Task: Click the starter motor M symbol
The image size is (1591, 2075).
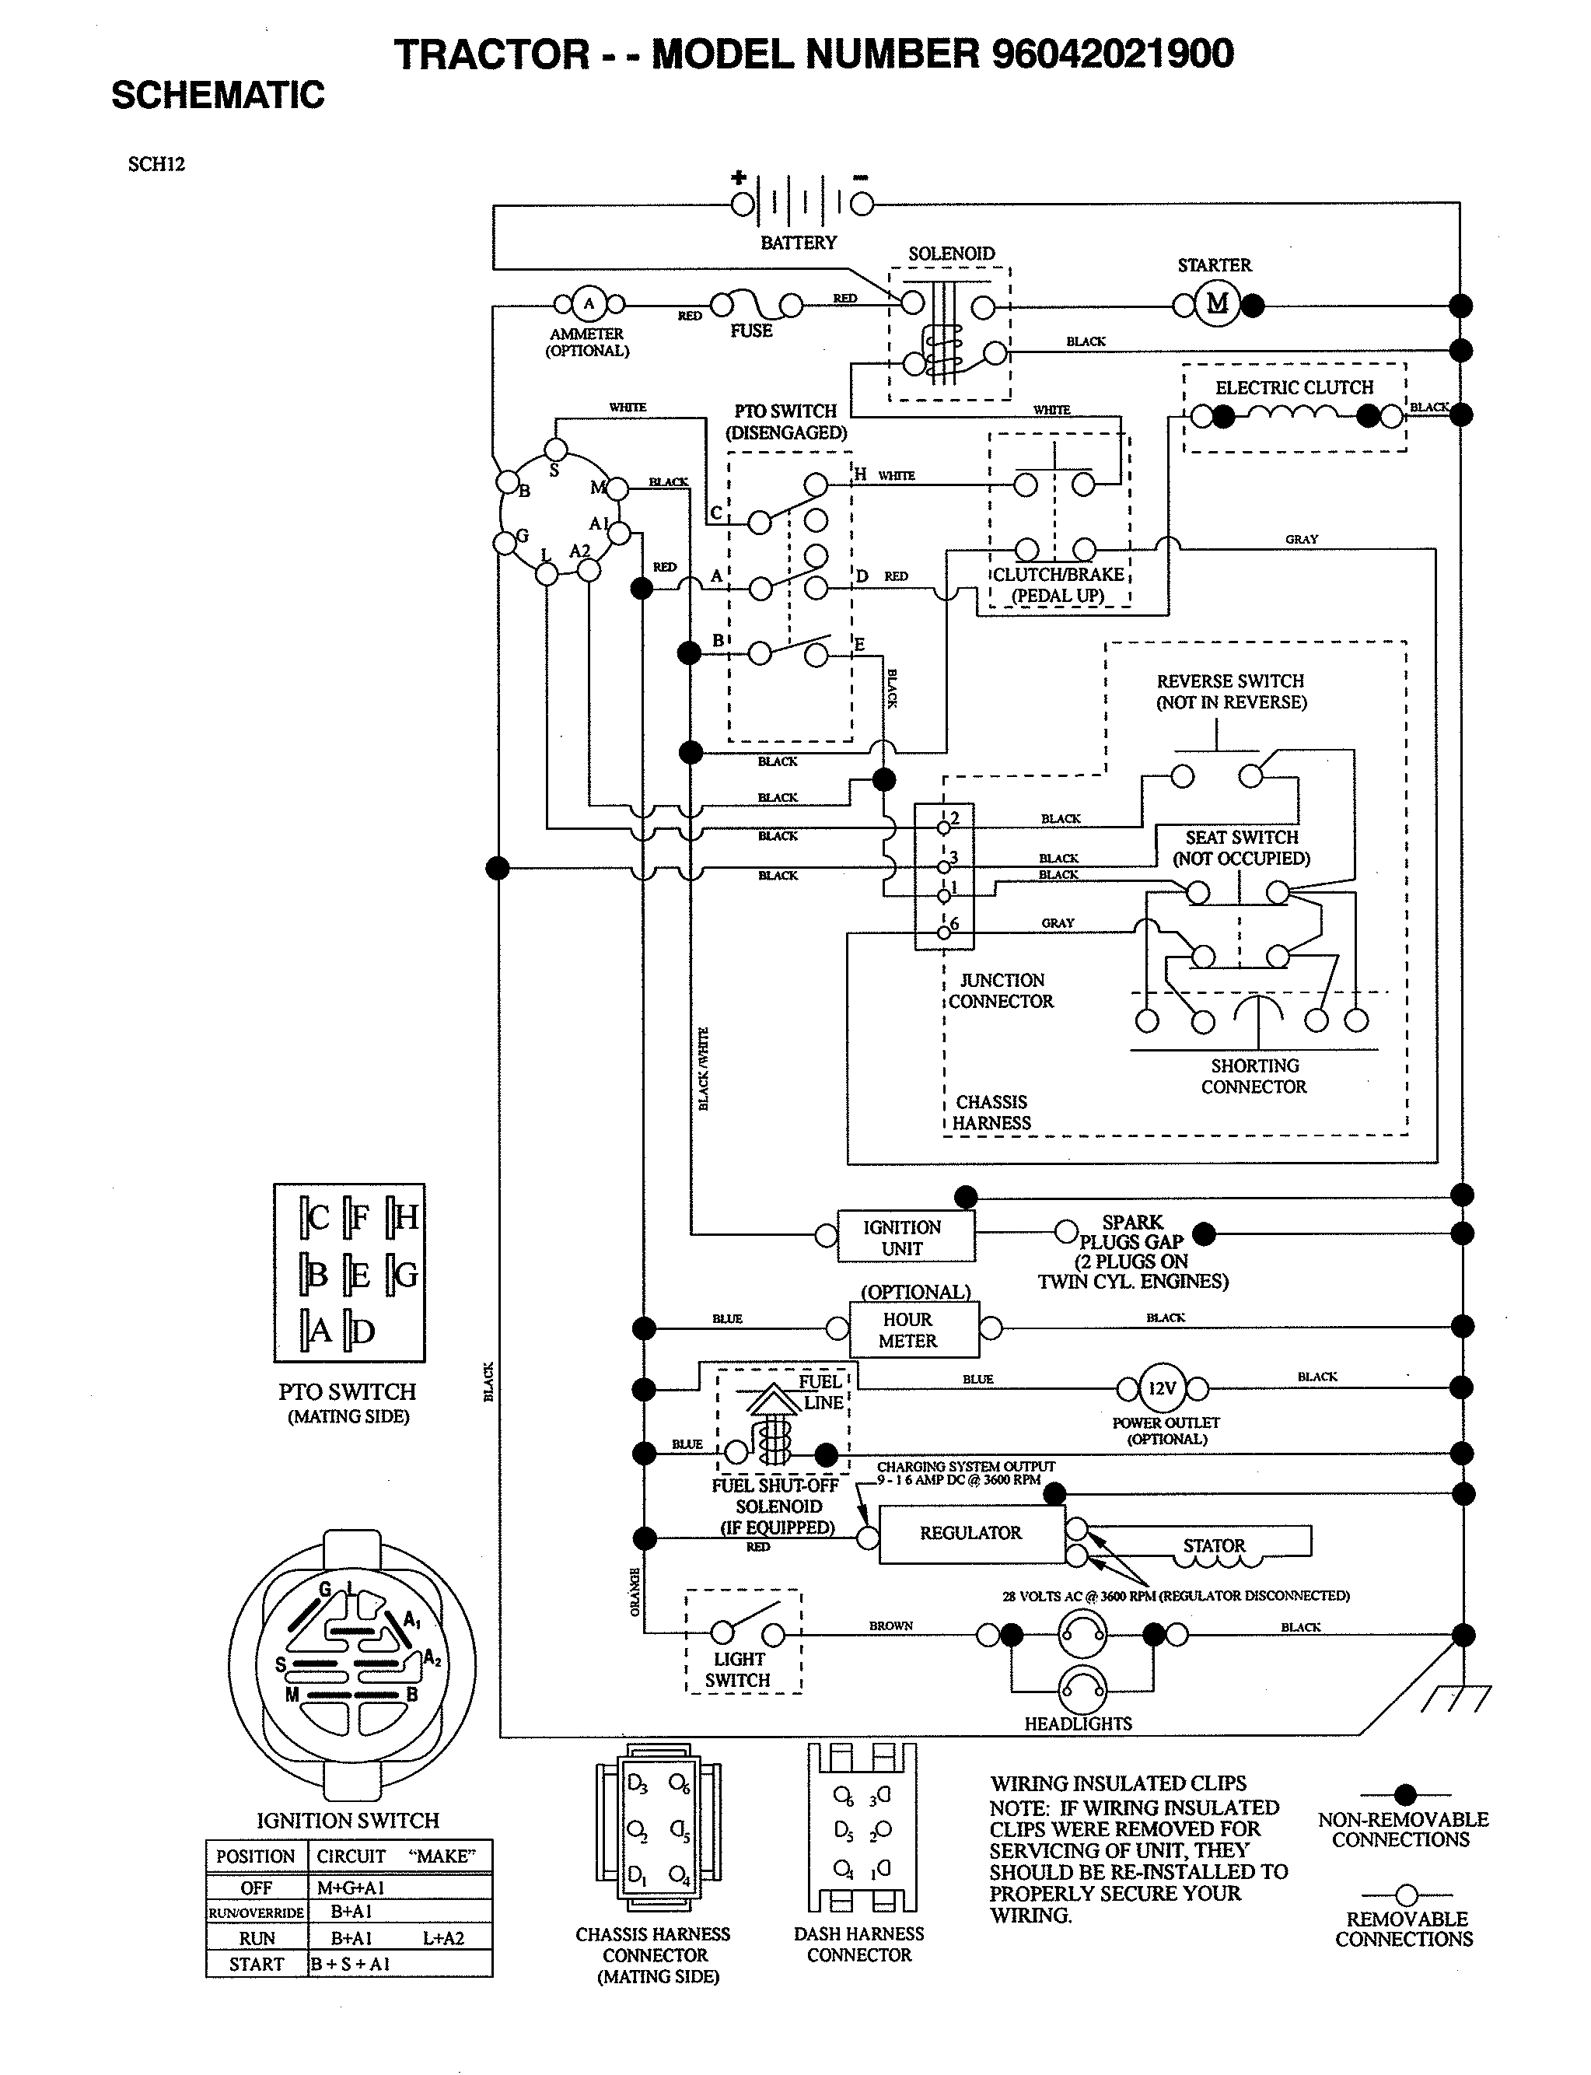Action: tap(1217, 303)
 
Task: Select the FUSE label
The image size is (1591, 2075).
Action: tap(750, 331)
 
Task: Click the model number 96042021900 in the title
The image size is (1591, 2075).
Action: tap(1112, 54)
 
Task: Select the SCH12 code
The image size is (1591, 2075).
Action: tap(156, 164)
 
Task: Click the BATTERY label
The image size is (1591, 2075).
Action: tap(799, 243)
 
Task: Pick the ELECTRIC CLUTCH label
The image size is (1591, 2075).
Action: tap(1294, 387)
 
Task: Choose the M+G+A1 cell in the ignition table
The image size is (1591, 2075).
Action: tap(351, 1888)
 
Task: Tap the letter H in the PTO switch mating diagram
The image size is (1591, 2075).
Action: tap(405, 1217)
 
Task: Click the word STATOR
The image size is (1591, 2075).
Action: tap(1213, 1545)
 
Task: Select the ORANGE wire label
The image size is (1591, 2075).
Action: tap(634, 1592)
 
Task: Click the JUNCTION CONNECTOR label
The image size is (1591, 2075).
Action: tap(1001, 991)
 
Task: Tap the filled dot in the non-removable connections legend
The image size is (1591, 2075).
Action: tap(1405, 1793)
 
